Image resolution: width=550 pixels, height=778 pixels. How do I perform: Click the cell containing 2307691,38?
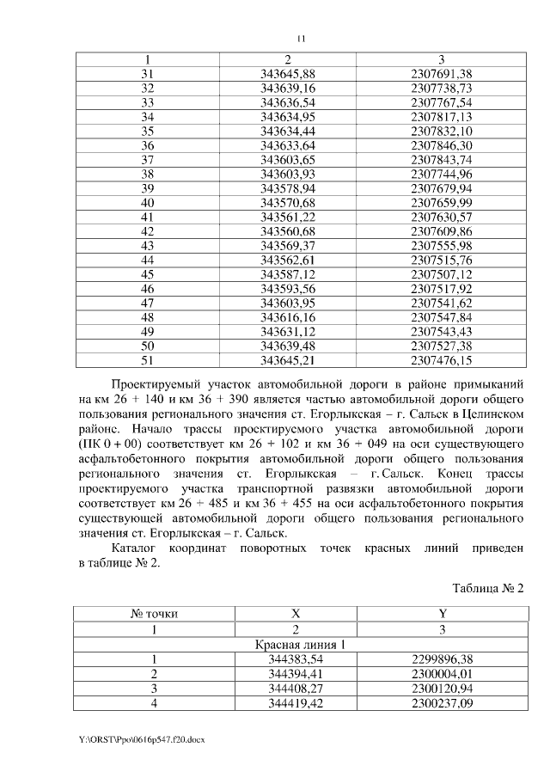point(442,74)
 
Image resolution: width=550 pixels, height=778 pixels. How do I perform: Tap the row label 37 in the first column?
point(147,160)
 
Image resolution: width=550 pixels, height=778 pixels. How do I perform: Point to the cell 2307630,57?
point(442,217)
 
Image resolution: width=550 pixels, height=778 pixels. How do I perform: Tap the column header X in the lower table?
point(295,615)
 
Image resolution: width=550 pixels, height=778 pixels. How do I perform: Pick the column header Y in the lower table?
point(442,615)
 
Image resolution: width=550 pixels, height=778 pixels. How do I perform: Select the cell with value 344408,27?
point(295,688)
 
